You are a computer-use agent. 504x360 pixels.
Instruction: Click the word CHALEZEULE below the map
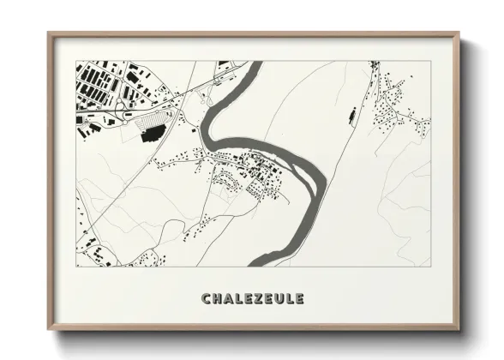(252, 299)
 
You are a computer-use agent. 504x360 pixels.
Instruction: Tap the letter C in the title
(206, 299)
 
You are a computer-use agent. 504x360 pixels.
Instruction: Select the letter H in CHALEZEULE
(216, 299)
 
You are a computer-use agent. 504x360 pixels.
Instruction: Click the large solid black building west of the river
(153, 132)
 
